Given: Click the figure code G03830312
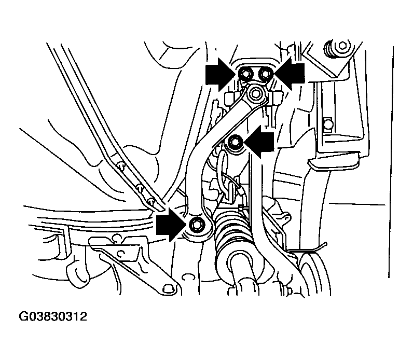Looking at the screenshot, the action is point(53,316).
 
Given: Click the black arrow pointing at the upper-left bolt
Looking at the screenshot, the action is point(221,75).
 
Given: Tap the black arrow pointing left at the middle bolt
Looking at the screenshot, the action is point(259,142).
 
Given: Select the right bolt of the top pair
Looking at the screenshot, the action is point(265,74).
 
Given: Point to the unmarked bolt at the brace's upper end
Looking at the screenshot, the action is point(255,94).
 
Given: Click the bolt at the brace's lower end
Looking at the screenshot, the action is point(196,225).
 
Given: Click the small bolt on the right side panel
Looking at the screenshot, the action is point(328,123).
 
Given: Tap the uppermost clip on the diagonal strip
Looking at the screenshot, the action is point(121,165).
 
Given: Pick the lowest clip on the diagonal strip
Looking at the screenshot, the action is point(150,202).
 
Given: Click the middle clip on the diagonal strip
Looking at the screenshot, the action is point(140,187).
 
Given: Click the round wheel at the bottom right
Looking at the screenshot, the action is point(315,274).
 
